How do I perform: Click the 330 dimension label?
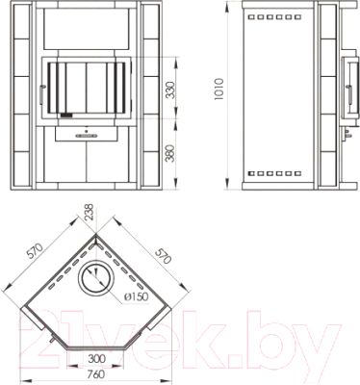click(171, 90)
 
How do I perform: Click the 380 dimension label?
click(171, 153)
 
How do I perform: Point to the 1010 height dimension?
click(219, 89)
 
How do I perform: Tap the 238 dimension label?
click(90, 213)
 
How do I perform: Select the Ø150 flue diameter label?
click(136, 296)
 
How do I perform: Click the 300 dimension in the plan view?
click(96, 358)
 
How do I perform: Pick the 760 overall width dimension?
click(96, 374)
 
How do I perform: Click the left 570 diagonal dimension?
click(35, 251)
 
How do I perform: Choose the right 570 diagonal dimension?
click(163, 255)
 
